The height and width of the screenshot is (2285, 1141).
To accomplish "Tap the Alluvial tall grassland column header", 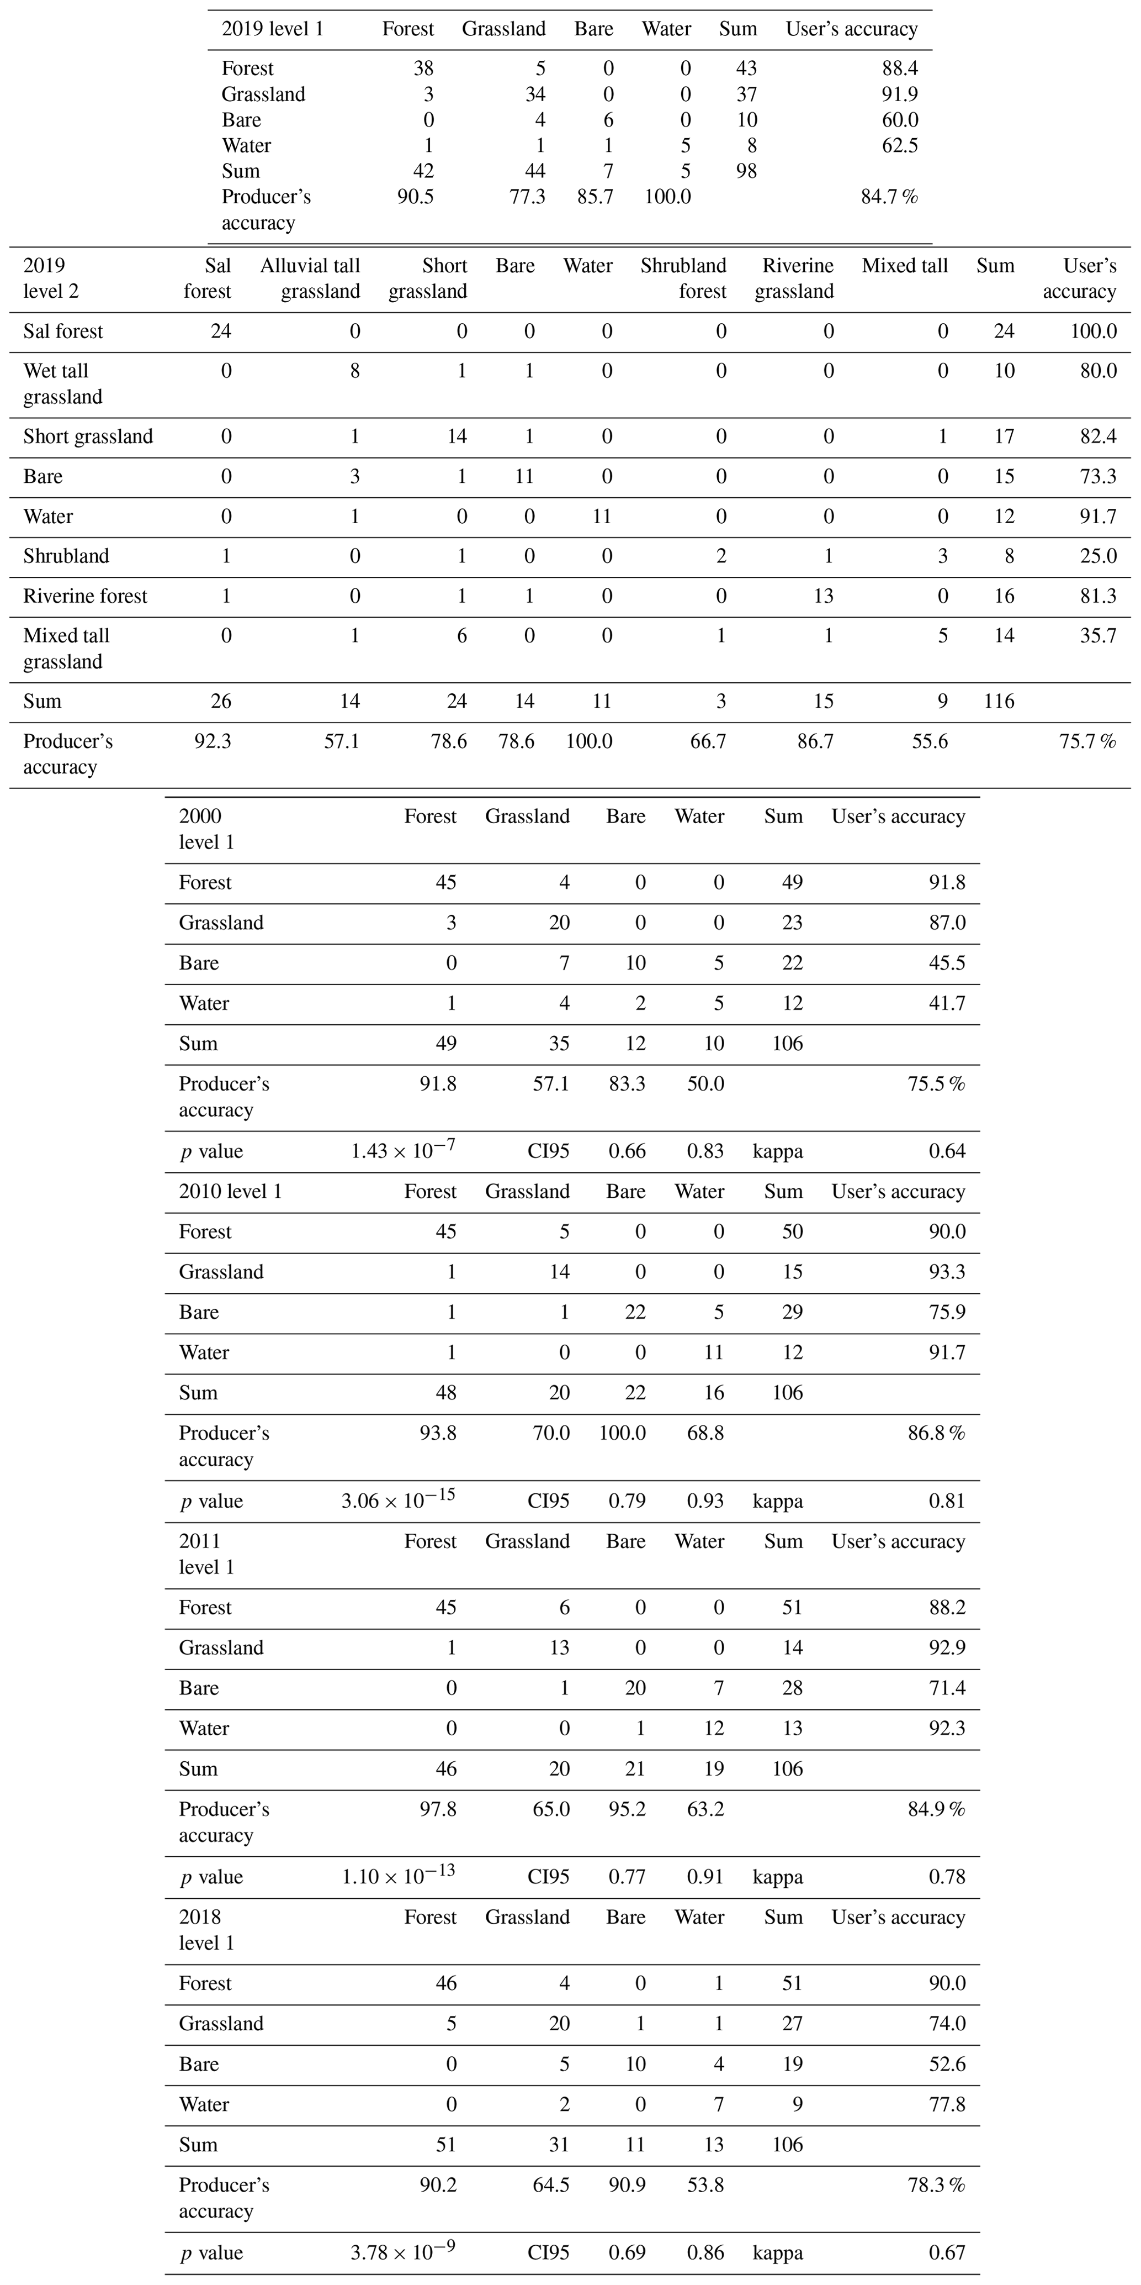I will click(310, 278).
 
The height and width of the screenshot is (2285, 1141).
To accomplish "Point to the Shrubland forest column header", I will click(683, 278).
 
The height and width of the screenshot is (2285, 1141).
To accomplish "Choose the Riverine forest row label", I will click(85, 596).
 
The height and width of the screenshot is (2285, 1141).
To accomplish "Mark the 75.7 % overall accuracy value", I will click(1087, 741).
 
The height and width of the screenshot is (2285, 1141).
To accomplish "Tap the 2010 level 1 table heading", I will click(231, 1191).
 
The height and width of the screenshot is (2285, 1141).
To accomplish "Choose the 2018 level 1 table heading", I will click(206, 1929).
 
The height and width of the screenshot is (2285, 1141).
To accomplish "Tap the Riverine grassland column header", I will click(794, 278).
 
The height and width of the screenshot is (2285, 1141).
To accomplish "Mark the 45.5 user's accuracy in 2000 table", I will click(947, 964).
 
